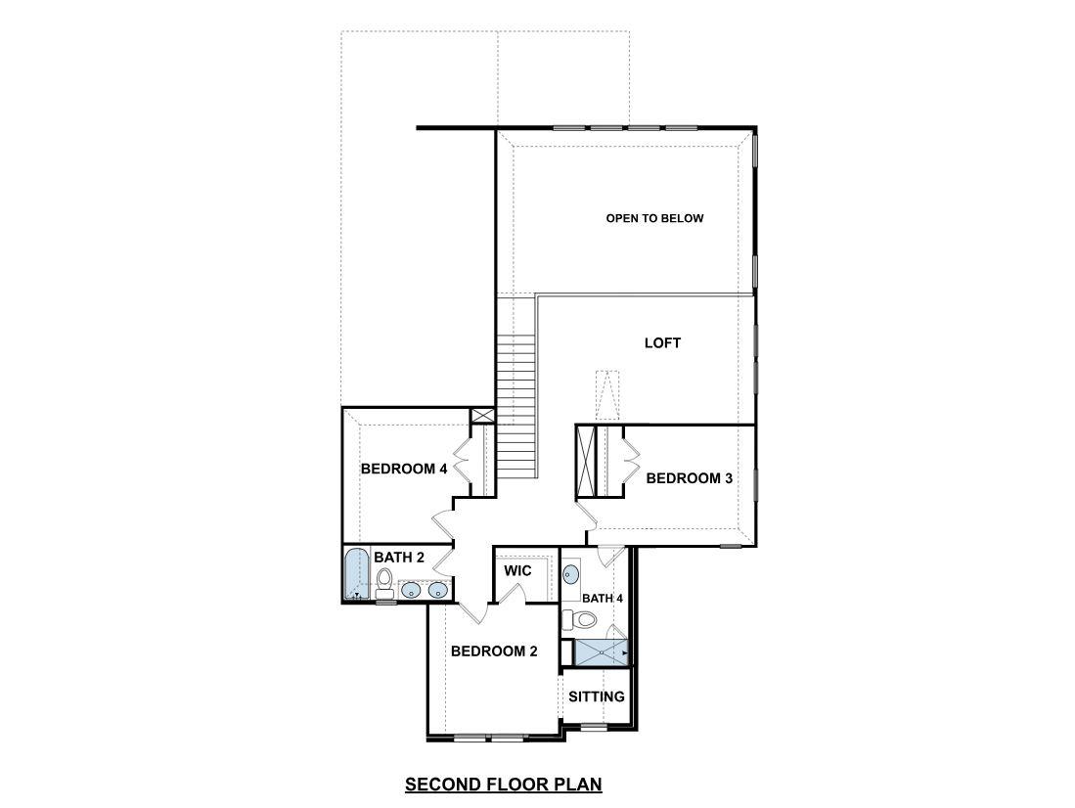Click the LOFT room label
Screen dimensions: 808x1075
(x=662, y=343)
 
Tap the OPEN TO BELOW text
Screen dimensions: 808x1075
(x=654, y=218)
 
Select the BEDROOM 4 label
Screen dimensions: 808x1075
(x=404, y=469)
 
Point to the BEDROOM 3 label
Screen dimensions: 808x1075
(x=690, y=478)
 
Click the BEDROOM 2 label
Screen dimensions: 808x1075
(x=494, y=651)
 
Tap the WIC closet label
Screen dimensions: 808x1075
(x=516, y=570)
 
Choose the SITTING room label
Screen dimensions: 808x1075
(x=597, y=696)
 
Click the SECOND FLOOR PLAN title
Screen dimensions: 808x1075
(x=503, y=784)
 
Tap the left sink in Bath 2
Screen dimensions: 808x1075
(x=412, y=590)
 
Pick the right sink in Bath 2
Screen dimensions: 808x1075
(x=437, y=590)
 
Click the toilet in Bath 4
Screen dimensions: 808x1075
(x=583, y=619)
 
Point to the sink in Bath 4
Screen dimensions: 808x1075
(x=571, y=575)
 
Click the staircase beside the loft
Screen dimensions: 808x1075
(x=517, y=401)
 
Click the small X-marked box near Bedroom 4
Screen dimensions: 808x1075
(x=482, y=416)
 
